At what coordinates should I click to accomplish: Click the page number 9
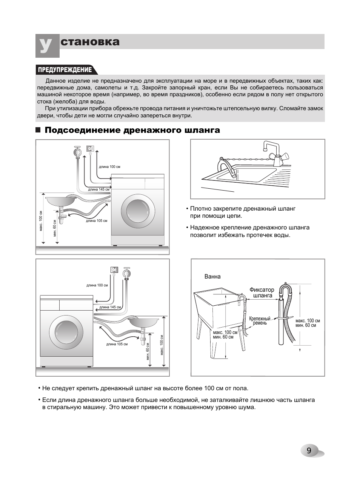point(309,451)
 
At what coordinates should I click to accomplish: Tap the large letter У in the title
point(46,45)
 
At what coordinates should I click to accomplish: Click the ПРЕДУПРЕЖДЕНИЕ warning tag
point(64,70)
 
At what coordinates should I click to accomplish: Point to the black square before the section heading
point(38,130)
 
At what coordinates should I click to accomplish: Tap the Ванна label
point(212,277)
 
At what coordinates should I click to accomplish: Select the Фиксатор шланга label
point(262,293)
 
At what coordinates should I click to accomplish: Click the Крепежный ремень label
point(260,321)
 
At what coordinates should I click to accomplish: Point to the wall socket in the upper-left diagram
point(91,149)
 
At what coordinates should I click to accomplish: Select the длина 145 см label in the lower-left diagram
point(110,307)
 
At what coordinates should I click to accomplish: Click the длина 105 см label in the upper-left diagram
point(97,221)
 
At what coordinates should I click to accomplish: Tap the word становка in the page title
point(90,42)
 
